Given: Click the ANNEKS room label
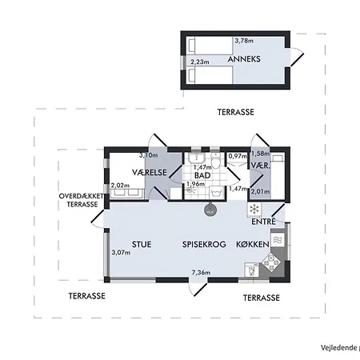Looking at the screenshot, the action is pyautogui.click(x=244, y=59).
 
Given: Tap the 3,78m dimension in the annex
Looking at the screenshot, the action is pyautogui.click(x=244, y=41).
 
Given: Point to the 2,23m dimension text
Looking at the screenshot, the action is pyautogui.click(x=200, y=62).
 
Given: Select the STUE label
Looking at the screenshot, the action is pyautogui.click(x=142, y=244).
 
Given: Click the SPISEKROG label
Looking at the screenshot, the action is pyautogui.click(x=204, y=244).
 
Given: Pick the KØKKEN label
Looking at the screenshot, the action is pyautogui.click(x=253, y=244).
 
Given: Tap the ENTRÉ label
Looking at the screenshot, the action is pyautogui.click(x=263, y=222).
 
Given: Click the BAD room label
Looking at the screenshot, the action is pyautogui.click(x=202, y=175).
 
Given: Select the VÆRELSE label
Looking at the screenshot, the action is pyautogui.click(x=150, y=173).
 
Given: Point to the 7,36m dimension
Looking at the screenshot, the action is pyautogui.click(x=201, y=273).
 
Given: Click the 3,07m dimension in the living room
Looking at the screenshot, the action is pyautogui.click(x=121, y=252).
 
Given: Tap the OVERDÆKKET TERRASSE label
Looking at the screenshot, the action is pyautogui.click(x=82, y=200).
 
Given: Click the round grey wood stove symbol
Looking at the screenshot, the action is pyautogui.click(x=210, y=210).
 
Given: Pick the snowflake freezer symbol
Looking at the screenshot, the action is pyautogui.click(x=254, y=210).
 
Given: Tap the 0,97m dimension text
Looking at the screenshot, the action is pyautogui.click(x=238, y=156).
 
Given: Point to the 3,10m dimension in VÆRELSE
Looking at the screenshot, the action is pyautogui.click(x=149, y=155).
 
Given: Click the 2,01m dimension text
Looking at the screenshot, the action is pyautogui.click(x=260, y=191).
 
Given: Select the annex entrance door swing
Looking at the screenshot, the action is pyautogui.click(x=297, y=57).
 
